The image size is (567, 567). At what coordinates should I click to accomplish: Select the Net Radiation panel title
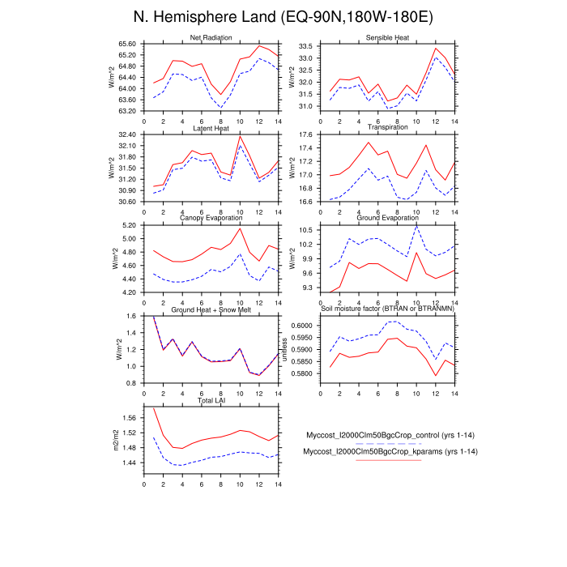211,38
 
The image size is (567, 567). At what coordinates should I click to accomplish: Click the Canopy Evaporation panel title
211,218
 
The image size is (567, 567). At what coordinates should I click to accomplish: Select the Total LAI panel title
211,401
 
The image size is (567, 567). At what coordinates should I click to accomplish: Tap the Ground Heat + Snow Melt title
211,310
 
